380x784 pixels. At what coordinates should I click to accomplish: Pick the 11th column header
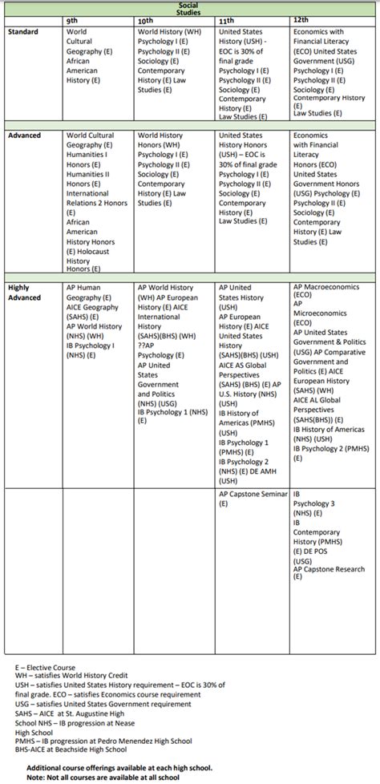[227, 19]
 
